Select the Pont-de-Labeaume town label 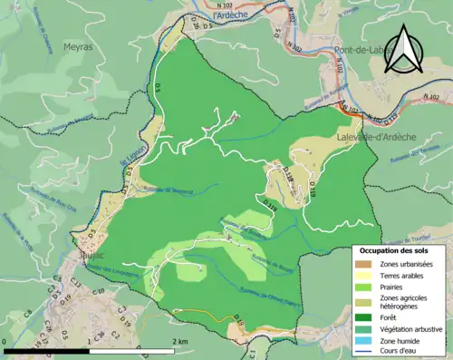(360, 50)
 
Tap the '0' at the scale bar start (7, 341)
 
